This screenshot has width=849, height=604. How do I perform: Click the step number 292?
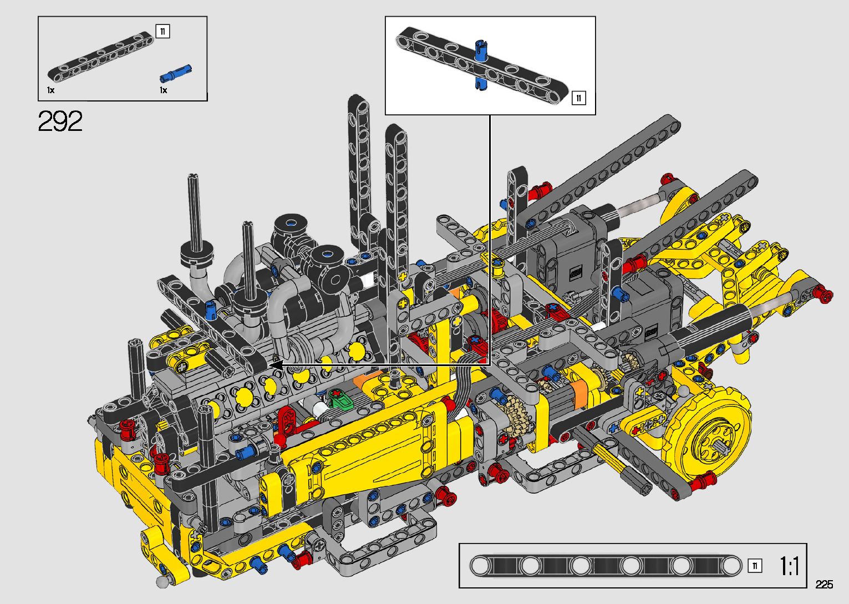(60, 121)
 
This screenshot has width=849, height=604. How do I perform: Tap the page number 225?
(824, 584)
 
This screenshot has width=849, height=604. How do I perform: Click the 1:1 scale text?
(790, 566)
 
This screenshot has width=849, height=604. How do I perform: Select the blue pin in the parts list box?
(175, 73)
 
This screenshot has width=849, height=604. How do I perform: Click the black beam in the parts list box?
(100, 57)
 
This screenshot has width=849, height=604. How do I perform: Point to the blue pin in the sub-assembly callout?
(481, 65)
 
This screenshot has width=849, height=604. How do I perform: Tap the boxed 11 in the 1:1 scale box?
(755, 566)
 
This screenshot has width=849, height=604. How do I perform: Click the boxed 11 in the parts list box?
(162, 31)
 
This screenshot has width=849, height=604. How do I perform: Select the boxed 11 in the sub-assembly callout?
(578, 98)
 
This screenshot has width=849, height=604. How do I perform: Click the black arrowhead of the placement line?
(276, 365)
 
